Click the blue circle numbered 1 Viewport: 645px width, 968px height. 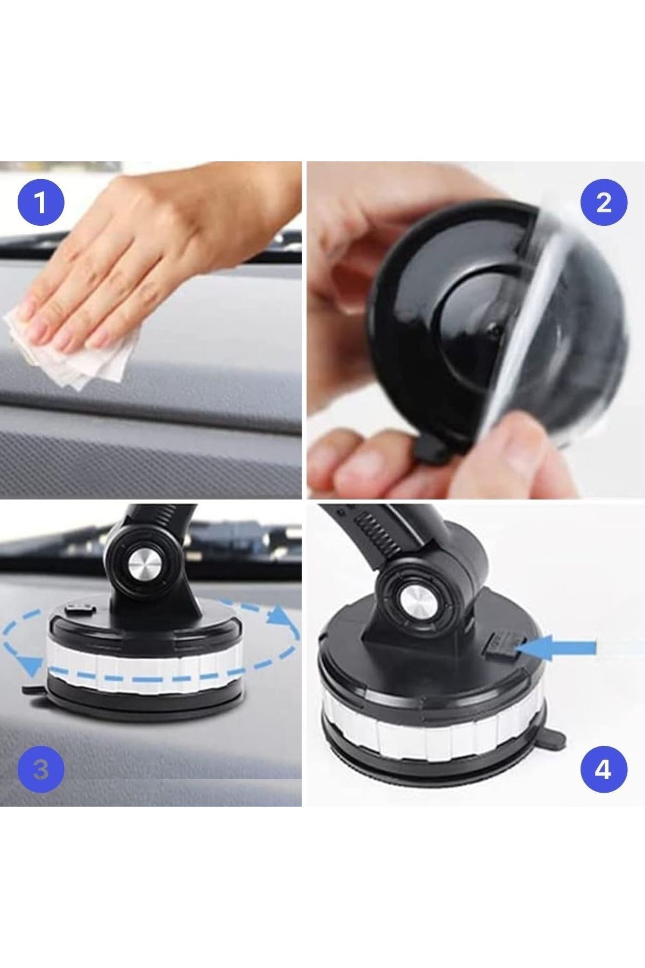[41, 203]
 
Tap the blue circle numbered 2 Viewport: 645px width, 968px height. [604, 203]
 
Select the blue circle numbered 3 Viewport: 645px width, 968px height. [41, 770]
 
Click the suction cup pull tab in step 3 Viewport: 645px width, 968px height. [30, 688]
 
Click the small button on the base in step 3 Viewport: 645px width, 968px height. [80, 609]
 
